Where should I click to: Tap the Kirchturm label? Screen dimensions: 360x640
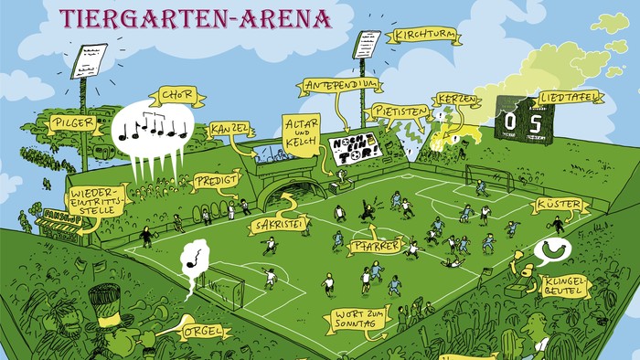point(422,37)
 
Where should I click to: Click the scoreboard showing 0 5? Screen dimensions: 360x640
point(525,121)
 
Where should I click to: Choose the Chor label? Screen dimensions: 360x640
point(175,94)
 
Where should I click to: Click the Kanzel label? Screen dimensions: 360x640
point(229,129)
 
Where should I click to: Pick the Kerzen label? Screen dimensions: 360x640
point(456,99)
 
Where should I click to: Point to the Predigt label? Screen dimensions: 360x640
point(216,182)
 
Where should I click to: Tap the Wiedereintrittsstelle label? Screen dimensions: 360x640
point(97,203)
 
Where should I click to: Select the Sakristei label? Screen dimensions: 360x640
point(277,225)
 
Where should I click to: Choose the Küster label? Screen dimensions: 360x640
point(558,206)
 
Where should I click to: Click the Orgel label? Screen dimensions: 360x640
point(202,330)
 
